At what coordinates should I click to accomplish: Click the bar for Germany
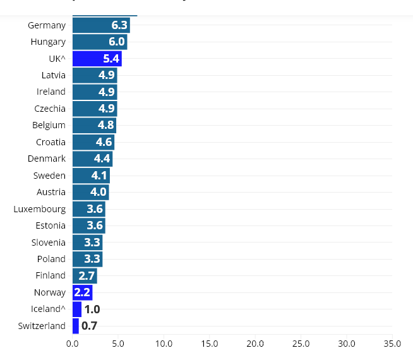(101, 25)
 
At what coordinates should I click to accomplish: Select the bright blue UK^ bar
(97, 59)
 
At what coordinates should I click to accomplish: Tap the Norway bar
(82, 292)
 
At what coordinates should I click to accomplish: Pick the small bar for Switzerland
(76, 326)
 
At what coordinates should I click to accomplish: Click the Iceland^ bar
(77, 309)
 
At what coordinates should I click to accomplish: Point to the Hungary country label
(48, 42)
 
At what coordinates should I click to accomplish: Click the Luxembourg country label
(40, 209)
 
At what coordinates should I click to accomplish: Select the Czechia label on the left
(50, 109)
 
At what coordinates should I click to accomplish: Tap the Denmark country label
(47, 159)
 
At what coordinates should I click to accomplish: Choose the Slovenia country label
(49, 243)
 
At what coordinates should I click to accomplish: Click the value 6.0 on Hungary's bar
(117, 42)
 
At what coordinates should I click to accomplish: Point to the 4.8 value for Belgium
(106, 125)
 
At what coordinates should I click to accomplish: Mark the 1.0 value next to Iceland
(92, 309)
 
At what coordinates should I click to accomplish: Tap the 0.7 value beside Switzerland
(90, 326)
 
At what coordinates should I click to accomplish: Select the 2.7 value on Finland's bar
(87, 276)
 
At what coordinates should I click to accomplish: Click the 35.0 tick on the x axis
(392, 344)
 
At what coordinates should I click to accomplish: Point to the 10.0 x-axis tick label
(164, 344)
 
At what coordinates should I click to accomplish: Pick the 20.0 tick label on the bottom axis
(255, 344)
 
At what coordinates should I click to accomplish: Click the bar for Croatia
(93, 142)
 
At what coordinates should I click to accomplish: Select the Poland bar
(87, 259)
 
